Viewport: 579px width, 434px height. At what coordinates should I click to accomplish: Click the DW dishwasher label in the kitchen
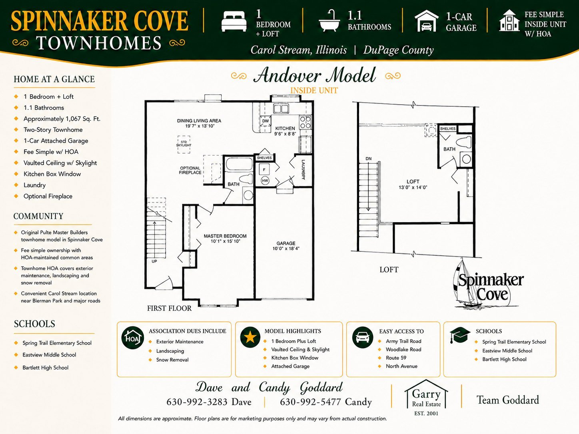pos(266,121)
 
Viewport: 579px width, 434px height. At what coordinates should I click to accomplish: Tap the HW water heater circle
pos(265,181)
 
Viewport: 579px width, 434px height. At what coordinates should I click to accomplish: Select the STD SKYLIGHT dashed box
pos(184,144)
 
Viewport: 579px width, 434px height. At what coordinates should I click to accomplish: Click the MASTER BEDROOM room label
pos(225,236)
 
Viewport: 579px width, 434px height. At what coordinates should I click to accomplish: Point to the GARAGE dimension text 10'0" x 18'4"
pos(286,248)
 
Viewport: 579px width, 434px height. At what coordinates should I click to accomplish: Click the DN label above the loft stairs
pos(369,159)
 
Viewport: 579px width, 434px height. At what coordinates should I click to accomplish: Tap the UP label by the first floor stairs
pos(154,261)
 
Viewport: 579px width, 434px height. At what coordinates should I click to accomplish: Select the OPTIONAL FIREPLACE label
pos(190,170)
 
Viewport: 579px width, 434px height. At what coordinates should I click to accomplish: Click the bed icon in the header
pos(234,22)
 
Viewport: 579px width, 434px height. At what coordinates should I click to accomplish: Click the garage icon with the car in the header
pos(427,21)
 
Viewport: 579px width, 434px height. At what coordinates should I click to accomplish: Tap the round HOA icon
pos(133,338)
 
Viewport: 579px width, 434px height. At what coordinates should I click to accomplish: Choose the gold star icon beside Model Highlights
pos(250,337)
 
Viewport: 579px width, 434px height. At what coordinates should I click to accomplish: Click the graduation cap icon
pos(460,335)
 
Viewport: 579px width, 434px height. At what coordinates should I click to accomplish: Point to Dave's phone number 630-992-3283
pos(197,402)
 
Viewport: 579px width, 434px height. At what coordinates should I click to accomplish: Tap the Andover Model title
pos(314,76)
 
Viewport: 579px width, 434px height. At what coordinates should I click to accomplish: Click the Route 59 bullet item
pos(396,358)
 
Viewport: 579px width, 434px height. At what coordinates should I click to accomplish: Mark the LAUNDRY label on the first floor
pos(303,170)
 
